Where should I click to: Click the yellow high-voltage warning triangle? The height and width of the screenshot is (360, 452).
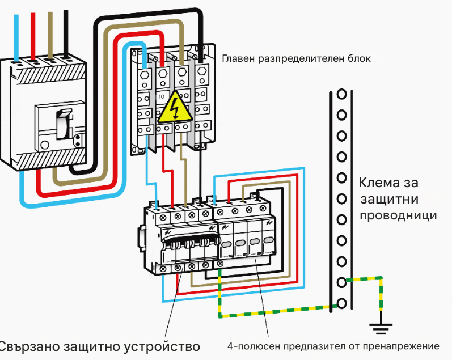tap(175, 107)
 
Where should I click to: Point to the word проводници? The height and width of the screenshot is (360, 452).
tap(398, 216)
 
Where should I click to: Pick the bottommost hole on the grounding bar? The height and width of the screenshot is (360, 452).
tap(342, 303)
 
